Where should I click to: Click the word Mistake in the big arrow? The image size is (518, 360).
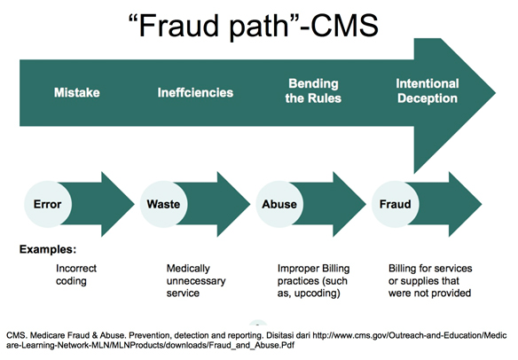click(77, 92)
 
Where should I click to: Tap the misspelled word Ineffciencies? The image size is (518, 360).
click(195, 92)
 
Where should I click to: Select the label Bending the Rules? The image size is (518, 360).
click(313, 90)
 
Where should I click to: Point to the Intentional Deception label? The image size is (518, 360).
click(428, 90)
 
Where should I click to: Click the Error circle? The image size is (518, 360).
click(48, 204)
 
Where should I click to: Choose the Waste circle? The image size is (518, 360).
click(163, 204)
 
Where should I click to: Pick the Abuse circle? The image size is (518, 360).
click(279, 204)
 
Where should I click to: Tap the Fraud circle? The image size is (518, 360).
click(396, 204)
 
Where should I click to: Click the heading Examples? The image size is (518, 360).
click(48, 249)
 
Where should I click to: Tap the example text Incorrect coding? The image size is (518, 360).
click(76, 275)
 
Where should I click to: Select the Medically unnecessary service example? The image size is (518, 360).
click(196, 281)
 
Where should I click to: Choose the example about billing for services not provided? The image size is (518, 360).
click(430, 281)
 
